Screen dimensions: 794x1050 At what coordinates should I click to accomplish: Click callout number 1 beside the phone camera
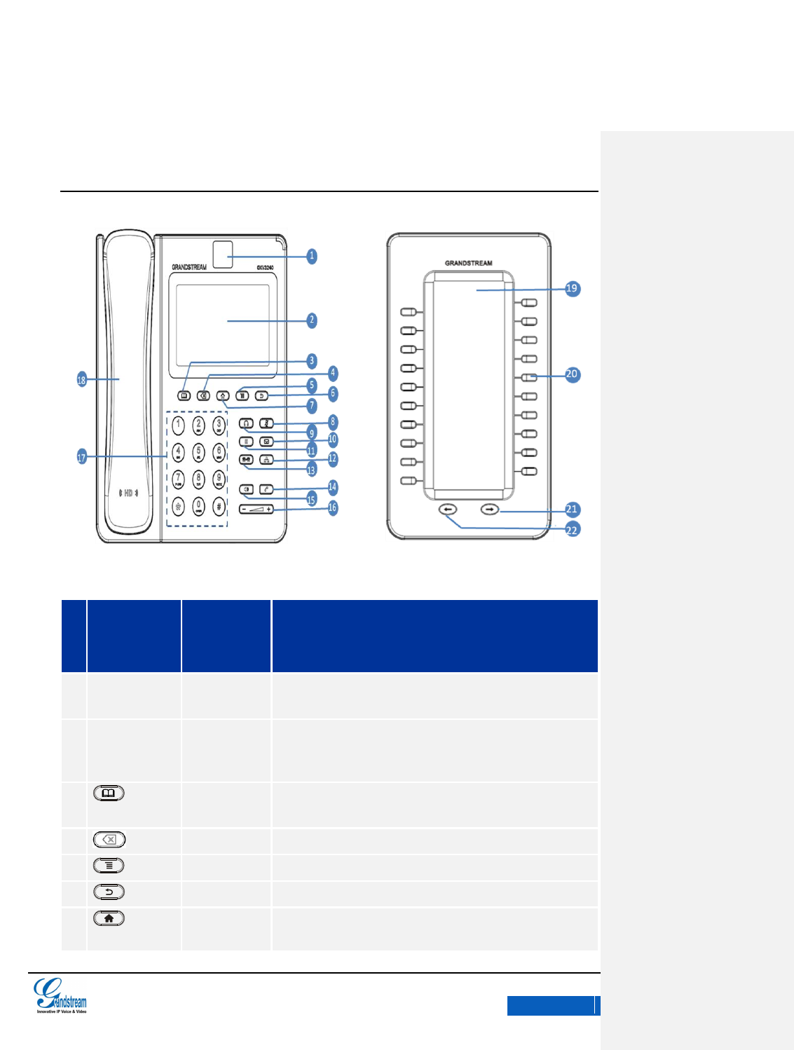tap(312, 256)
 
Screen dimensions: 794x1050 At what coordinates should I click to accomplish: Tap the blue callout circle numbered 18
tap(81, 379)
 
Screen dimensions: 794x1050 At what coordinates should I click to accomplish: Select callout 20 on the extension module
tap(572, 374)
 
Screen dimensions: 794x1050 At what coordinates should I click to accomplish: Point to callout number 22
tap(572, 529)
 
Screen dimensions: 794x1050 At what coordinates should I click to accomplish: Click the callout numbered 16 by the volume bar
tap(332, 507)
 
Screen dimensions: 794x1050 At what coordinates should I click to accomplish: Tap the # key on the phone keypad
tap(219, 505)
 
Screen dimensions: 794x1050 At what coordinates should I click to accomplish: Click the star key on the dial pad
tap(178, 505)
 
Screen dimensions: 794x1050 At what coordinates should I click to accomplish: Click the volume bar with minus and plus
tap(256, 509)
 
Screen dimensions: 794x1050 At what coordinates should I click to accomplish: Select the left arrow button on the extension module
tap(449, 510)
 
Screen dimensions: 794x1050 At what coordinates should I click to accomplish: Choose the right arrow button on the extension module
tap(490, 510)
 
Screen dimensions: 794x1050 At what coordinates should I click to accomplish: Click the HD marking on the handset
tap(128, 493)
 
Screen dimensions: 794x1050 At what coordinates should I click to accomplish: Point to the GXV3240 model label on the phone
tap(265, 267)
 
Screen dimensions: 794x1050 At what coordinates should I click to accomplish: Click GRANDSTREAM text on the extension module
tap(468, 263)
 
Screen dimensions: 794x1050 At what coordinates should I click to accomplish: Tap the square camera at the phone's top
tap(223, 254)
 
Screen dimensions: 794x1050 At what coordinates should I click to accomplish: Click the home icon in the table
tap(109, 918)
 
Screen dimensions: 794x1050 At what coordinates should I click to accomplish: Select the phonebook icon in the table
tap(109, 793)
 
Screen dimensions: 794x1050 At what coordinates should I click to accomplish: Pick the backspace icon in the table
tap(109, 839)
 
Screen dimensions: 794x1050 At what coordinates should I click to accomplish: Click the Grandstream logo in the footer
tap(61, 995)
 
